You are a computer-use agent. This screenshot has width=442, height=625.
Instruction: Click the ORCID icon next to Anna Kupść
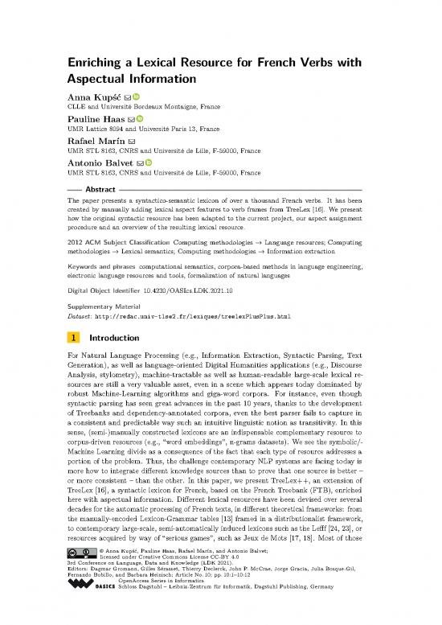click(x=137, y=97)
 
